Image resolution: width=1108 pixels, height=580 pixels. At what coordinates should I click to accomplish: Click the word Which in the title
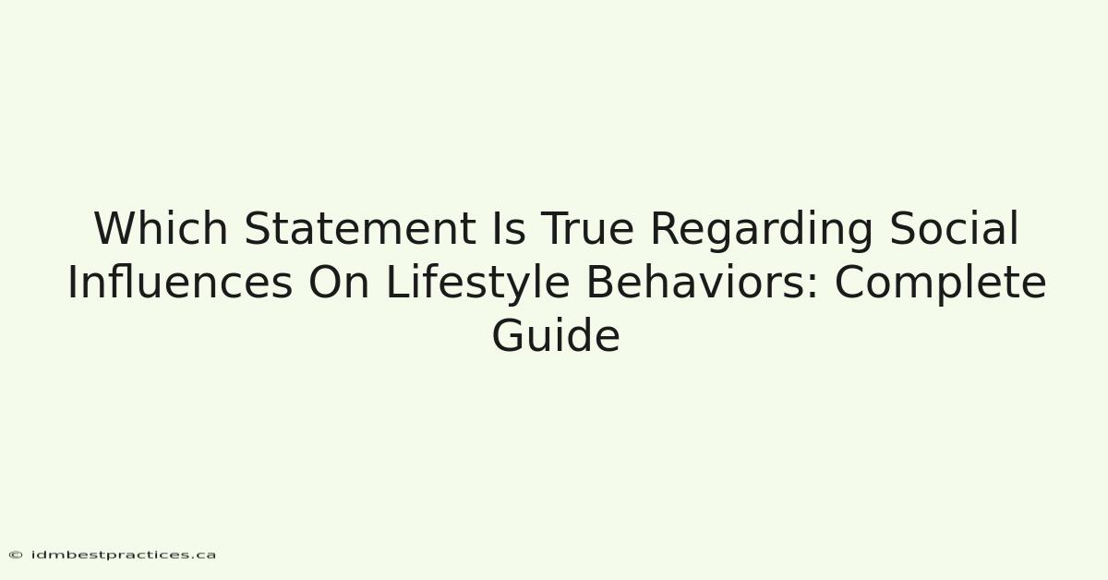161,228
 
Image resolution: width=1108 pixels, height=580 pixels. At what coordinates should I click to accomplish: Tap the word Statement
360,228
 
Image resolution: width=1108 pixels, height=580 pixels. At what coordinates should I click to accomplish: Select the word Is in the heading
509,228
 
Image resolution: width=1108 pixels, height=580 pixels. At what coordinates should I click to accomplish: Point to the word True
587,228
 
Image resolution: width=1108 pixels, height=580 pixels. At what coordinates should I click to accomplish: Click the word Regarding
762,232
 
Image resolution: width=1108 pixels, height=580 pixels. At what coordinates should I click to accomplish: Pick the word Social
954,228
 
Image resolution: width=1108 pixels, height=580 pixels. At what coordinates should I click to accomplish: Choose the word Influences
180,282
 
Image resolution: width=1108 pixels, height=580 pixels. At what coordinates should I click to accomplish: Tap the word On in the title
339,282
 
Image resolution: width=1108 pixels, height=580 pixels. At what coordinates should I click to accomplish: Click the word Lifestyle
477,285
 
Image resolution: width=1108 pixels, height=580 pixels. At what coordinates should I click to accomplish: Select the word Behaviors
696,282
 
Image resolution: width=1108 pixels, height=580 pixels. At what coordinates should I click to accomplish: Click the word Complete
940,285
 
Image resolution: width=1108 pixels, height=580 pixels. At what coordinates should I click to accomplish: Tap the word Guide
556,335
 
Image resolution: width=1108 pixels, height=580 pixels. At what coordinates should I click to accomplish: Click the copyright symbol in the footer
16,555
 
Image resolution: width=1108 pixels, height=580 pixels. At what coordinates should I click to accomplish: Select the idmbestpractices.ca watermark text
123,555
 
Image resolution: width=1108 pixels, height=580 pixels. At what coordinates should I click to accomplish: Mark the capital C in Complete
849,282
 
